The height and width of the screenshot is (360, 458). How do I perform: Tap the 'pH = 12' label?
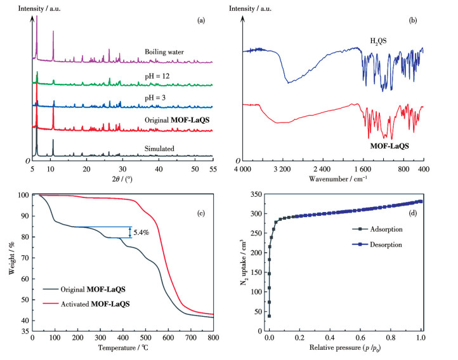(x=158, y=76)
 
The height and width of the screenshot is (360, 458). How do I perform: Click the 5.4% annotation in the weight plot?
(x=141, y=232)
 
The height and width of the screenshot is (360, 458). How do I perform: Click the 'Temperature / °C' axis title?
(x=122, y=348)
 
